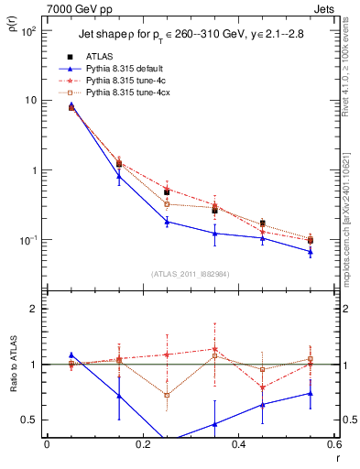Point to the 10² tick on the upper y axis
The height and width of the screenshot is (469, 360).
28,31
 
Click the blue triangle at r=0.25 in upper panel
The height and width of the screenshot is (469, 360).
167,222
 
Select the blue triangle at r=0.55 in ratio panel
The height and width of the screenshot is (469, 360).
311,393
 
